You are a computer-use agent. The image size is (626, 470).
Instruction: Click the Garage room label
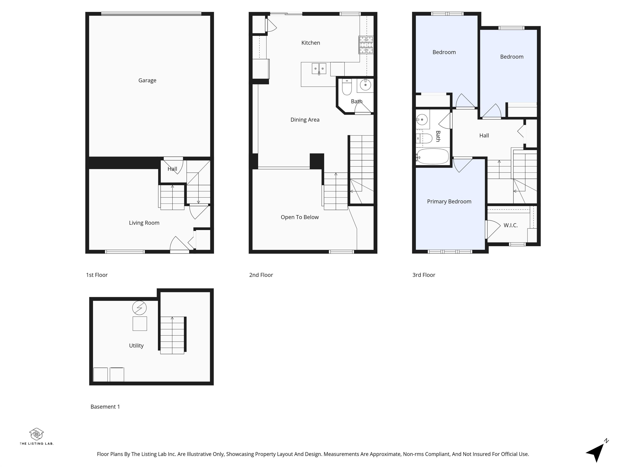(x=147, y=80)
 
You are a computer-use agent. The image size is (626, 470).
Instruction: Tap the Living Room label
(x=144, y=223)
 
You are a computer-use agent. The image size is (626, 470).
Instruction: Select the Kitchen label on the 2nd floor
(x=311, y=43)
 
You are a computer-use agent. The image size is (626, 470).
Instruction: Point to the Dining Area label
(x=305, y=120)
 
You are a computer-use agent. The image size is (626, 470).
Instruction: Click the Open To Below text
(x=299, y=217)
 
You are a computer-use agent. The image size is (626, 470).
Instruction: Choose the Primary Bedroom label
(x=449, y=201)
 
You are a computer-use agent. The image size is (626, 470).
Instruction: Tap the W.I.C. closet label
(x=510, y=225)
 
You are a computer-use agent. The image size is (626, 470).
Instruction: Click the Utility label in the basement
(x=136, y=346)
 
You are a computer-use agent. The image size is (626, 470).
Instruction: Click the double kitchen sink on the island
(x=319, y=69)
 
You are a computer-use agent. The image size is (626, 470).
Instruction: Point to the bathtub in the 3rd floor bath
(x=433, y=156)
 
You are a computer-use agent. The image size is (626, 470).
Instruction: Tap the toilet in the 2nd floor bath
(x=347, y=87)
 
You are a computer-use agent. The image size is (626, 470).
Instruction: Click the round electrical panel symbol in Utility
(x=139, y=308)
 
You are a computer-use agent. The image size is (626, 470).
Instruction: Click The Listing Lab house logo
(x=36, y=434)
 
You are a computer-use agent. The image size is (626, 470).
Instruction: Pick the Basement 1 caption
(x=105, y=407)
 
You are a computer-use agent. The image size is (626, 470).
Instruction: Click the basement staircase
(x=172, y=335)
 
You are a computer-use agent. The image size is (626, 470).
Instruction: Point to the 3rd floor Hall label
(x=484, y=136)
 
